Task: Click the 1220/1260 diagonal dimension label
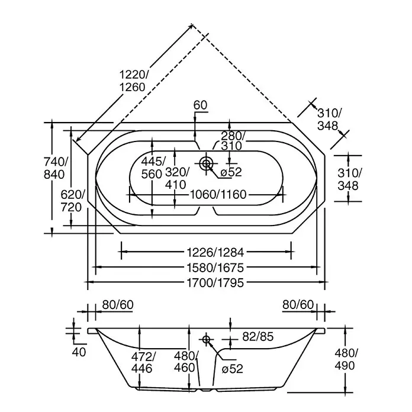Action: pos(133,81)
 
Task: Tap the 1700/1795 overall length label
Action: pos(215,283)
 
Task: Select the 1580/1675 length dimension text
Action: pos(215,268)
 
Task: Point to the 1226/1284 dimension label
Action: pos(215,253)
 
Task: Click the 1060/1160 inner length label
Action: pos(218,195)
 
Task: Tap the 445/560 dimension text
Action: pos(153,168)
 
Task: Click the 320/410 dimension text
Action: pos(176,179)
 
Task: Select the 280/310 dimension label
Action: pos(233,141)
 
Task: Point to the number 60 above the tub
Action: pos(200,105)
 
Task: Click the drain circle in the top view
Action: pos(206,163)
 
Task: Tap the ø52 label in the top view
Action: pos(231,172)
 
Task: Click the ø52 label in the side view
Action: pos(232,369)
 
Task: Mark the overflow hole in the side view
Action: pos(206,339)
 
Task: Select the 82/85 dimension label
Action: pos(258,337)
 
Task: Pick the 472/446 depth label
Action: pos(142,363)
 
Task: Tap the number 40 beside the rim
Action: pos(79,352)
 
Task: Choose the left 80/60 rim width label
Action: pos(118,305)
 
